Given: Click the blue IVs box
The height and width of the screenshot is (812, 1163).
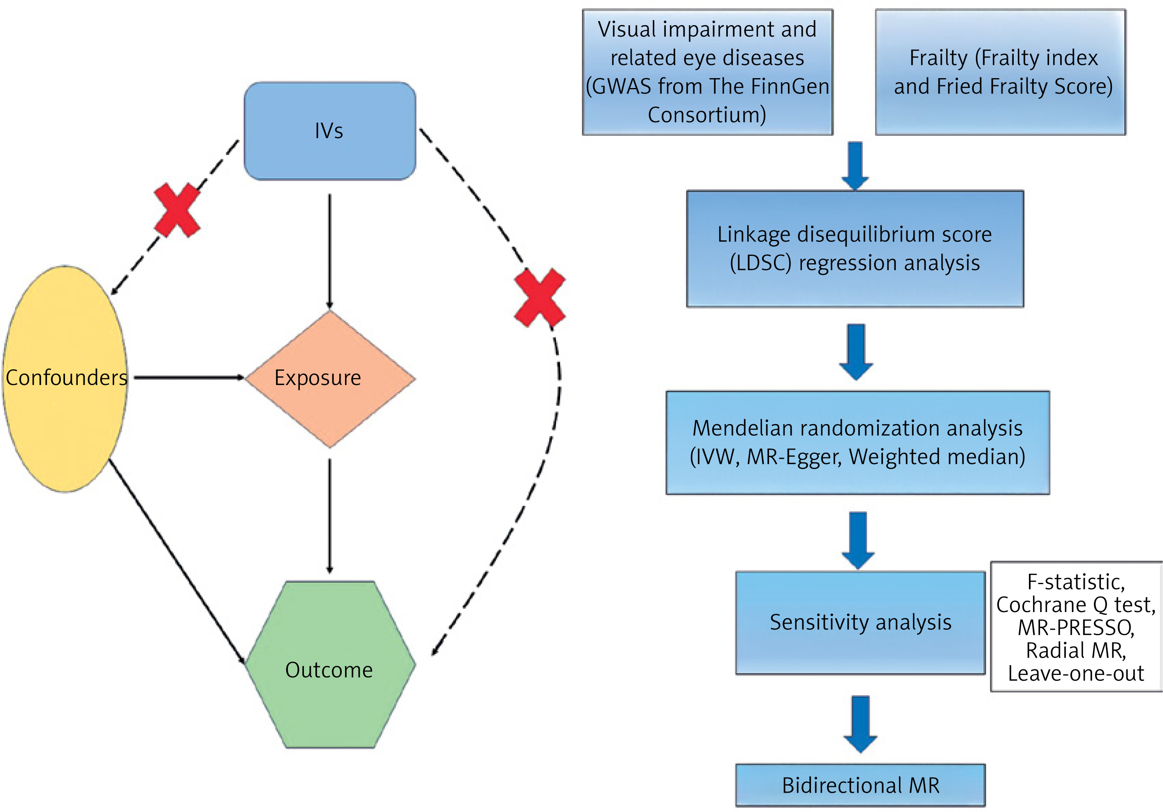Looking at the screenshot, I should [330, 131].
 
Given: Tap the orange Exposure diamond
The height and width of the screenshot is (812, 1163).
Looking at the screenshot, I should [330, 379].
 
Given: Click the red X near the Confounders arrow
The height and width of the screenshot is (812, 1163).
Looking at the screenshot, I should [177, 210].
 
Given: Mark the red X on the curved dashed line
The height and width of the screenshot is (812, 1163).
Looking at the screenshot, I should [540, 298].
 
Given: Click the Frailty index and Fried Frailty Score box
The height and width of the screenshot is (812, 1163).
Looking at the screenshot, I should [1001, 72].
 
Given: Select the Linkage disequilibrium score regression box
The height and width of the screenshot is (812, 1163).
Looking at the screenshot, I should [855, 249].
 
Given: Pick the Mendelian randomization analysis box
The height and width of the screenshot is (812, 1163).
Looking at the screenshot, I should [857, 442].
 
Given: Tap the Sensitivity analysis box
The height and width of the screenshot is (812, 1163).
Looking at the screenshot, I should [860, 622].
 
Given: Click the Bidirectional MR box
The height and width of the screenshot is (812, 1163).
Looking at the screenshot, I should [860, 785].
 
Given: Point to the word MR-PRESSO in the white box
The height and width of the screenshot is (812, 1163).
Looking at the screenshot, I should [1076, 628].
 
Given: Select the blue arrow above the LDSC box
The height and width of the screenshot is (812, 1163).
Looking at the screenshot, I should [855, 165].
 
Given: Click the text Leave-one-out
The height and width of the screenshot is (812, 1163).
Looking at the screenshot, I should [1076, 674].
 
